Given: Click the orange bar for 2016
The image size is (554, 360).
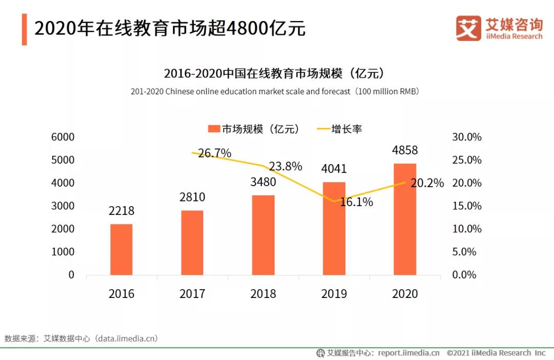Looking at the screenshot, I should pos(121,249).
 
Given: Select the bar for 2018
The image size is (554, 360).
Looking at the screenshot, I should pos(263,235).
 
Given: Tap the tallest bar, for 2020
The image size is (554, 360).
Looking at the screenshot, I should pos(405,219).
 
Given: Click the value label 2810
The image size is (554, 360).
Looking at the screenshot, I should pos(192,197).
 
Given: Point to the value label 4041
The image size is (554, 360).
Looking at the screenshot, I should pos(333,169).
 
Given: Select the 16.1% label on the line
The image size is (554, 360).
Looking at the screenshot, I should pos(356,202).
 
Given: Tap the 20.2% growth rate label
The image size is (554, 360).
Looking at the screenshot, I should pos(427,183).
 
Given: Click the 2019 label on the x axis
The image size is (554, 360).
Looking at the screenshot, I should pos(334,294).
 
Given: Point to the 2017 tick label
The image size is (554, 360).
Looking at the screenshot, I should pos(192,294).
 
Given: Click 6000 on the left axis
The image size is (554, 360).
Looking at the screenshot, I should pos(63,137).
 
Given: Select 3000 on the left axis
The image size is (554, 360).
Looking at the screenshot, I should pos(63,206).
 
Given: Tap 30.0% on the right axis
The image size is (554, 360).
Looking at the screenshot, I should pos(466,137).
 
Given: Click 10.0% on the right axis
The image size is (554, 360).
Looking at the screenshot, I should pos(466,229).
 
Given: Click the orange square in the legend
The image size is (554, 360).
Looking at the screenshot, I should pos(213,129).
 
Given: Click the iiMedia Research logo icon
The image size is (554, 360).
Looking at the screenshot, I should pos(468,28).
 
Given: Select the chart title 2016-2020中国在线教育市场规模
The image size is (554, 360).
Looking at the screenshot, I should pos(274,73).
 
